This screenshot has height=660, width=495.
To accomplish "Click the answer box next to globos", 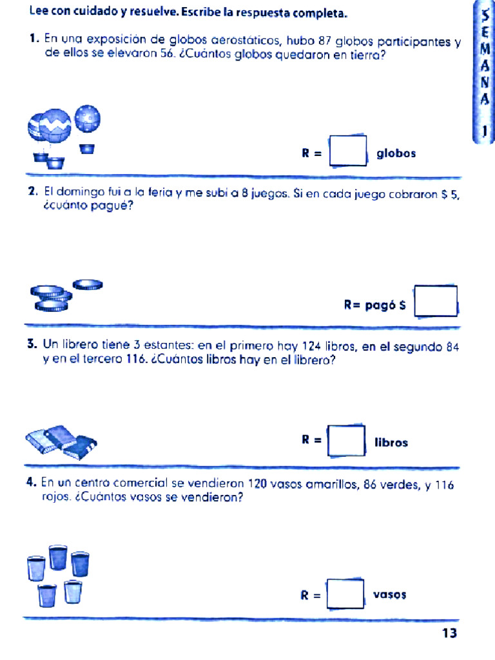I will point(348,151).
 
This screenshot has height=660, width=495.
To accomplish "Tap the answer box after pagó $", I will point(436,302).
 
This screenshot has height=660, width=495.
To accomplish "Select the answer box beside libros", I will point(347,441).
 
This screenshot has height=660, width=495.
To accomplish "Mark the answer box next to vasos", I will point(345,594).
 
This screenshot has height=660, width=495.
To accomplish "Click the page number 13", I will point(449,634).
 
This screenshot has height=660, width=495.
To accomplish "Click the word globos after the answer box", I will point(396,153).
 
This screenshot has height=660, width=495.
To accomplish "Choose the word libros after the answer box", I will point(391,443).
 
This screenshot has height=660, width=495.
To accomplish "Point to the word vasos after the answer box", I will point(389,596).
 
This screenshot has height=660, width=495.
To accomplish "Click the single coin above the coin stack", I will point(88,284).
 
